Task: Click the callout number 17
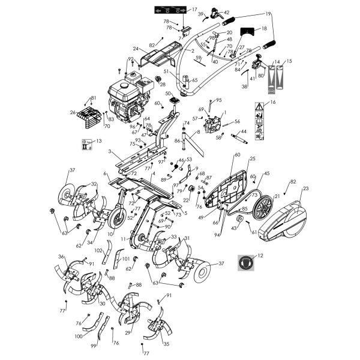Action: coord(194,10)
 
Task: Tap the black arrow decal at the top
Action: coord(169,10)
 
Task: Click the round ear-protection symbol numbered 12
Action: coord(245,261)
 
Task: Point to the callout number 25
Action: coord(253,158)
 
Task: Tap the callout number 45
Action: coord(267,173)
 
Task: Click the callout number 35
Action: coord(166,344)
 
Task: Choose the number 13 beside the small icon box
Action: coord(99,141)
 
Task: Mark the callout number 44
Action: coord(244,131)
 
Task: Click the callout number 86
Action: coord(178,140)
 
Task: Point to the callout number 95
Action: coord(219,100)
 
